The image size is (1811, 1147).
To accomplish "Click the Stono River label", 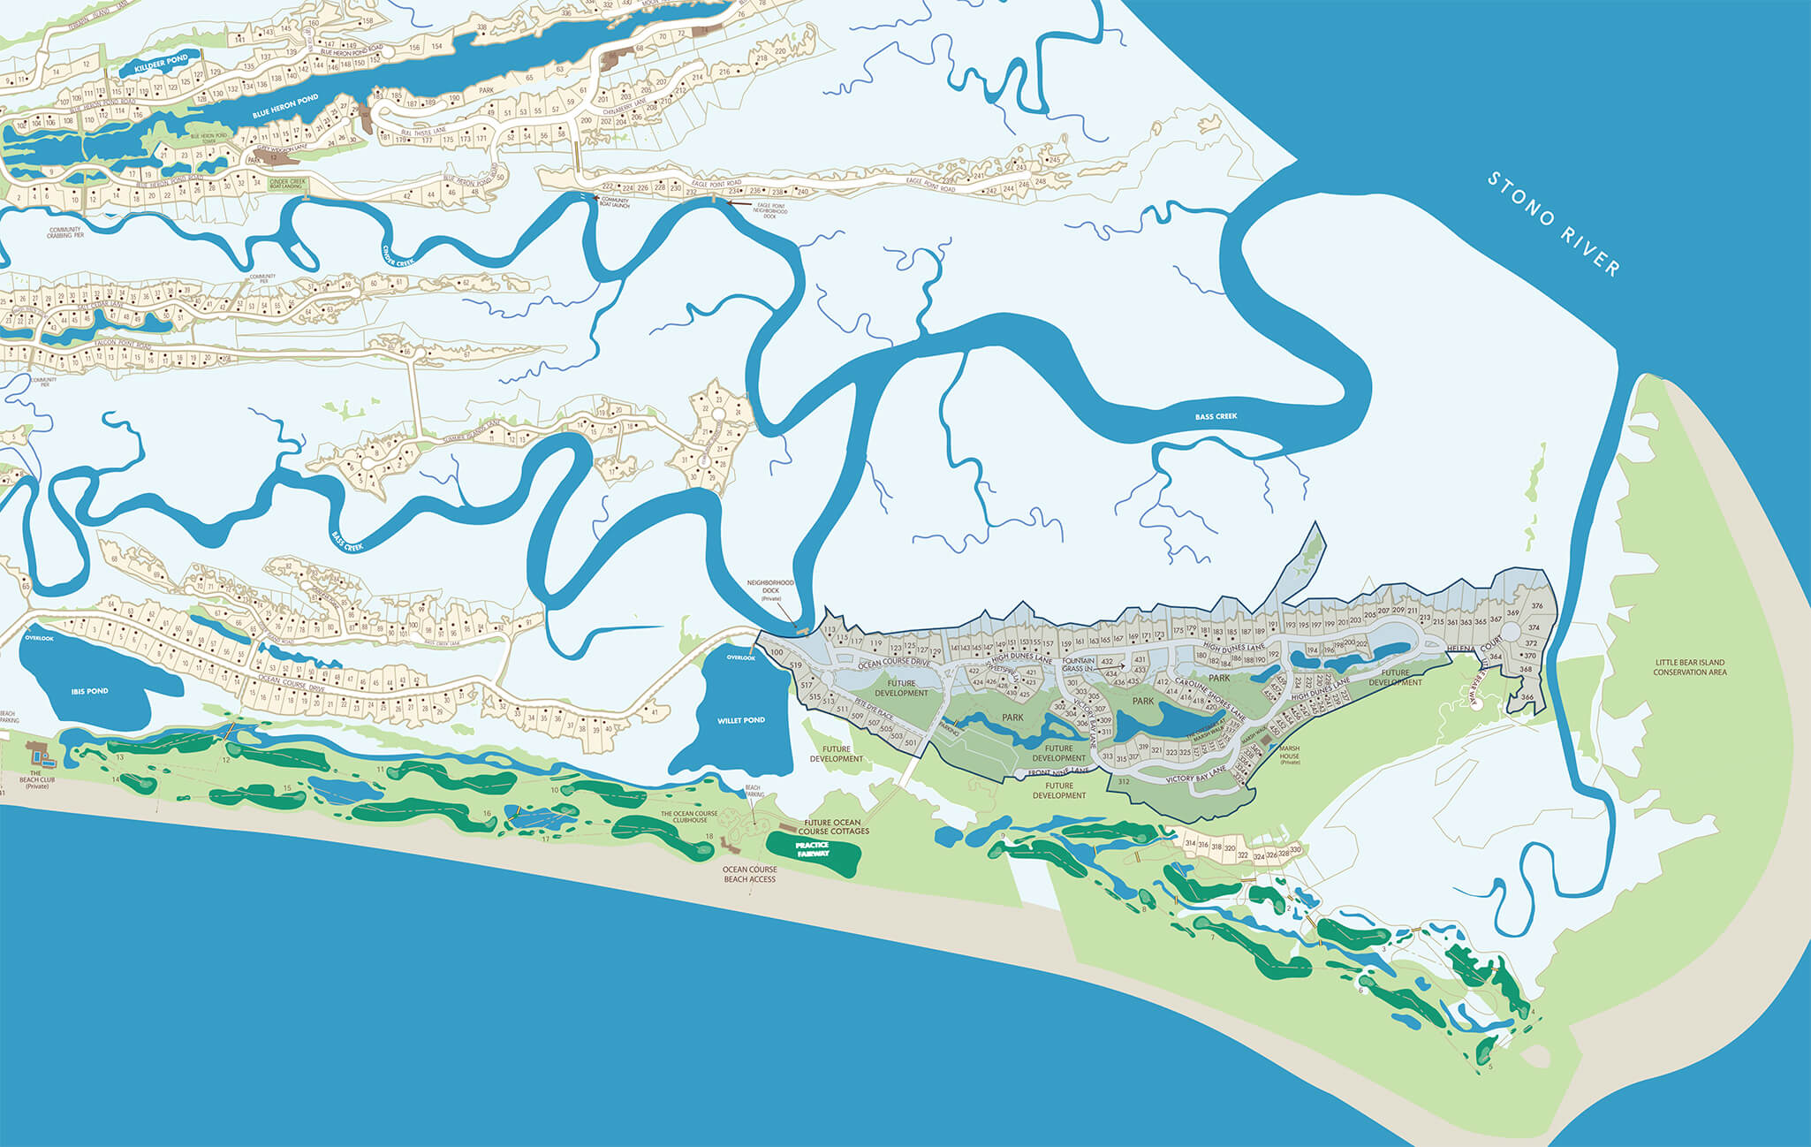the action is [x=1555, y=224].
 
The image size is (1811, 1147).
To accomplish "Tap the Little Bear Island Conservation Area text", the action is [x=1689, y=667].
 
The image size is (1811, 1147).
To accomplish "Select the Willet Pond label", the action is [x=740, y=720].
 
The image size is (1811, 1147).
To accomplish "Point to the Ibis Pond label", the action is [x=89, y=691].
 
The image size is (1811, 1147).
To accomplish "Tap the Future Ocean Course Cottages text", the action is [x=833, y=827].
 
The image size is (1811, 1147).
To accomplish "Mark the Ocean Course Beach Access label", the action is [x=749, y=874].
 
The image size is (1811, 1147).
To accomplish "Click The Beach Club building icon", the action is [x=39, y=754].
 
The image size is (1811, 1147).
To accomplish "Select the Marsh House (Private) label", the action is [x=1290, y=753].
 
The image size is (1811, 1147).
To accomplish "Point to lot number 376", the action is [x=1537, y=606].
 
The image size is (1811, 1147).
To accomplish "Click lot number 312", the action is [x=1123, y=782].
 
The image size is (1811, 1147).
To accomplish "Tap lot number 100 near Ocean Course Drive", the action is [x=777, y=652].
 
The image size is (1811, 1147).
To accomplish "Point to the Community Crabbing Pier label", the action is [x=65, y=232].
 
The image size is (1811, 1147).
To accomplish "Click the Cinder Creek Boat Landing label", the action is [x=287, y=184].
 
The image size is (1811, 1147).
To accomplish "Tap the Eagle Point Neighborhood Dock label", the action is [x=771, y=210].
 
